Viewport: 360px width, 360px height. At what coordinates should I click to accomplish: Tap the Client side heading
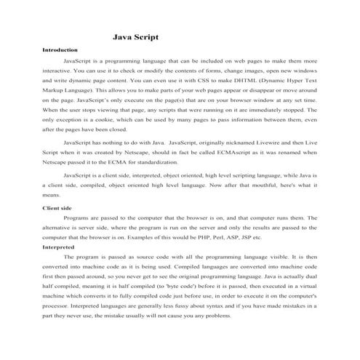click(x=57, y=209)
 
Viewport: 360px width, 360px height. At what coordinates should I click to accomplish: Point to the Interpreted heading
click(x=59, y=247)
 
